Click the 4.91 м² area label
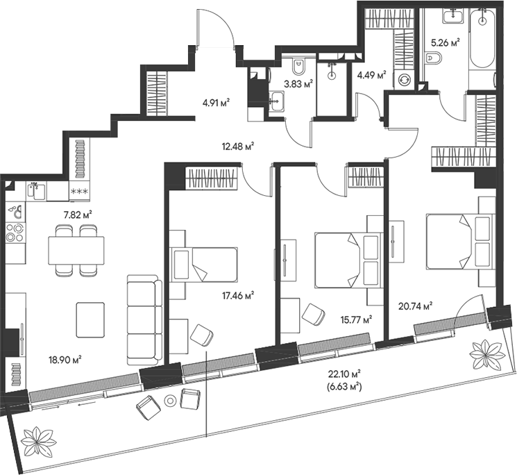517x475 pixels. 216,103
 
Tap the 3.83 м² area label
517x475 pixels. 298,84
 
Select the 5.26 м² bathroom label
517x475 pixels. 446,42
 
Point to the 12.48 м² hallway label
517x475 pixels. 238,145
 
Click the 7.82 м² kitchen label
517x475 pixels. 78,215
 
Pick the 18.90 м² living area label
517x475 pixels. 65,359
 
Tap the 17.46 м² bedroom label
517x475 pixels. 238,296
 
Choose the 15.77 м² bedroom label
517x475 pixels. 356,319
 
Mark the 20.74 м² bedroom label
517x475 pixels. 416,306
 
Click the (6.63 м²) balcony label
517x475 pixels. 344,386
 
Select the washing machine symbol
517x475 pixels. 404,79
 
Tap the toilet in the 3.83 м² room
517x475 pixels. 299,67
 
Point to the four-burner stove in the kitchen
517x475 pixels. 15,233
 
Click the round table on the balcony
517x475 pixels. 171,400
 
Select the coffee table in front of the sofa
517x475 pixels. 90,320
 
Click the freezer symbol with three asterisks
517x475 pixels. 80,191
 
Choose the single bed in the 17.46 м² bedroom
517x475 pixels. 204,265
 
